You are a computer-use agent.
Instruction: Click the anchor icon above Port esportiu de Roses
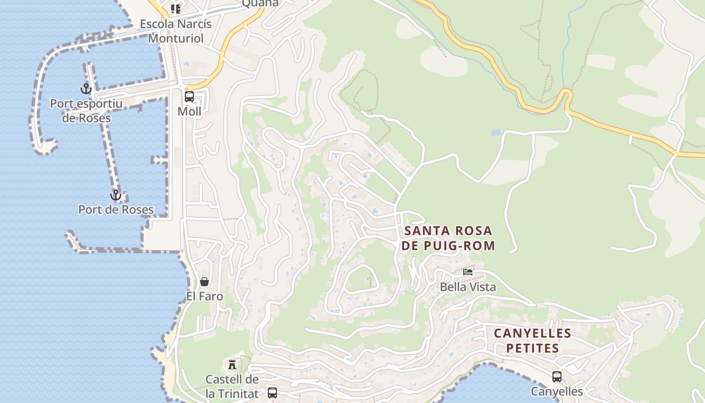coord(86,89)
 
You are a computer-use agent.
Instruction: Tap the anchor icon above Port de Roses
coord(116,195)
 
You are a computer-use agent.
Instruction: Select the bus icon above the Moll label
coord(189,97)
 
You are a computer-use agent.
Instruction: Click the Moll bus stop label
coord(189,111)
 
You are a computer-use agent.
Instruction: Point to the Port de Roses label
coord(116,210)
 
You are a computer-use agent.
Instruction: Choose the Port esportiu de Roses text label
coord(86,111)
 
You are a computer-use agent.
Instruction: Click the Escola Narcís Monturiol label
coord(176,31)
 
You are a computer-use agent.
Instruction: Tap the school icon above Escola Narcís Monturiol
coord(175,9)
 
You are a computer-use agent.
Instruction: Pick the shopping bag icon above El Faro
coord(204,281)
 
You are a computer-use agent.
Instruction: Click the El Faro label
coord(204,296)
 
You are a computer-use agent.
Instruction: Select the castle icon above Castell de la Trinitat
coord(232,364)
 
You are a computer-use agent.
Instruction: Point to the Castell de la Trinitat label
coord(232,386)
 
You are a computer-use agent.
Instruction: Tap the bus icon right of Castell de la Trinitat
coord(272,392)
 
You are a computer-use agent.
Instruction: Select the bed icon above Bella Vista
coord(468,272)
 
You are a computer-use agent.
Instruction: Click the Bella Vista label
coord(468,287)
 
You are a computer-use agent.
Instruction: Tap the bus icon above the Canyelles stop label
coord(557,376)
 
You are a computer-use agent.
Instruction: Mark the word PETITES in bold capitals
coord(532,348)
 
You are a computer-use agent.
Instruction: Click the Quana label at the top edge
coord(260,4)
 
